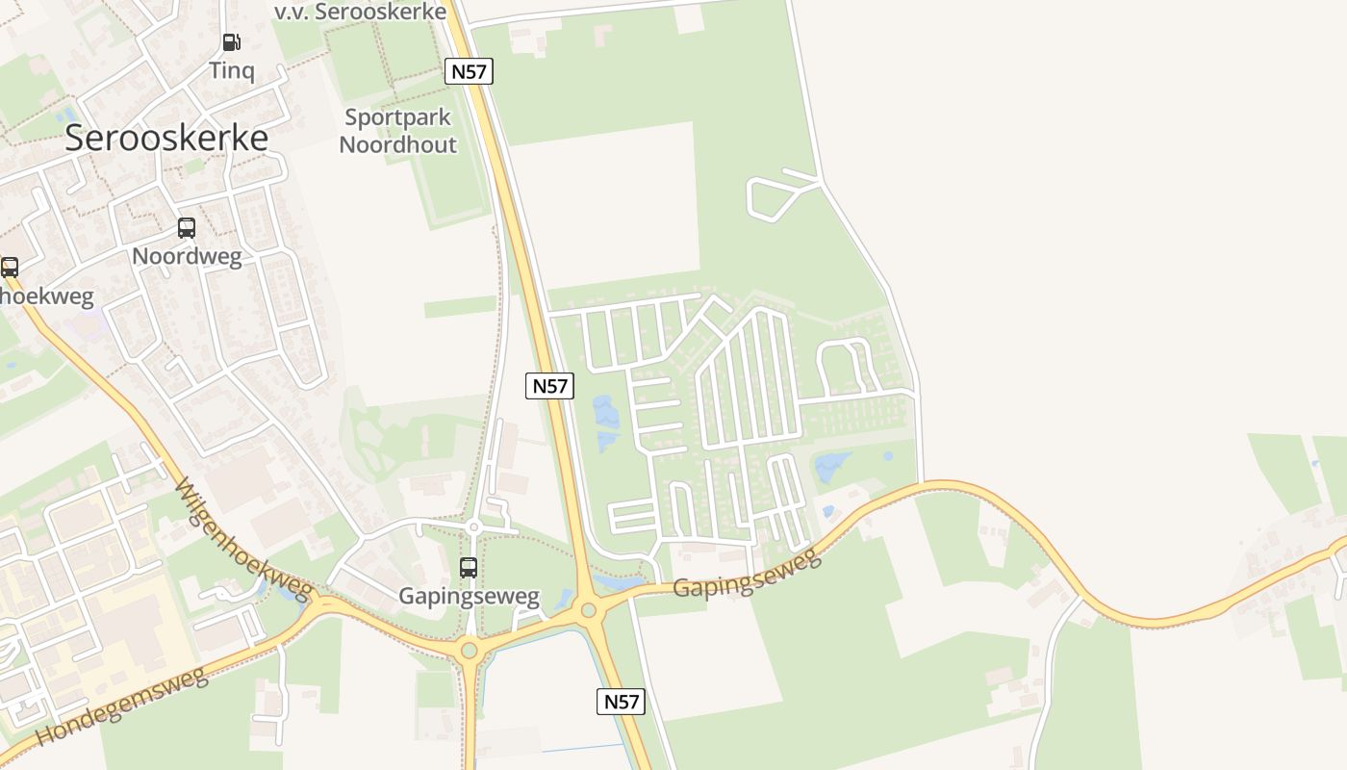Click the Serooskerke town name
(166, 138)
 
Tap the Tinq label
(232, 70)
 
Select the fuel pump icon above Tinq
(231, 42)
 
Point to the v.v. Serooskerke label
(360, 12)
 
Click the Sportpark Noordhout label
(398, 132)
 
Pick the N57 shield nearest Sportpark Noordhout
(469, 70)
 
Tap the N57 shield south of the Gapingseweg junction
(621, 702)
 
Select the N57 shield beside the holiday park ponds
(550, 386)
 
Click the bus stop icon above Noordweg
(187, 228)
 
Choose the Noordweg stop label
(187, 256)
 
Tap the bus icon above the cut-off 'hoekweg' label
(10, 267)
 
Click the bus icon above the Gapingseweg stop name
(469, 568)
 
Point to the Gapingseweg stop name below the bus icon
(469, 597)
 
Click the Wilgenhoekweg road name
(244, 537)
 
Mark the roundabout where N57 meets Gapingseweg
(588, 609)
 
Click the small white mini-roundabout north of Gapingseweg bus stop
(472, 526)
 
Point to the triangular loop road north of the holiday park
(775, 195)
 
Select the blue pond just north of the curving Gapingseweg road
(833, 467)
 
